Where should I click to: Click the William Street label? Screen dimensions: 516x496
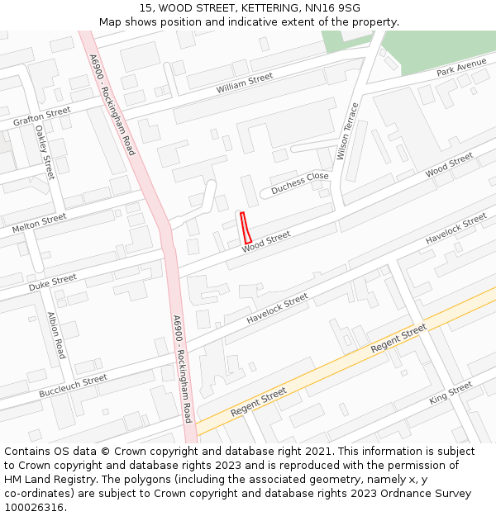pos(244,83)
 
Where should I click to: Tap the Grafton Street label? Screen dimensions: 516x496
pos(41,116)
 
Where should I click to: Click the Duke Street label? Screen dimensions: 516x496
pos(52,282)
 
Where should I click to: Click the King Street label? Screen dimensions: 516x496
pos(451,393)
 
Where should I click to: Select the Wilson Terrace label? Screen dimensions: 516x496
pos(348,131)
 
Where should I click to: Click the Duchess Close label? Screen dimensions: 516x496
pos(300,182)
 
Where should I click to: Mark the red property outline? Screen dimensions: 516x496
pos(246,227)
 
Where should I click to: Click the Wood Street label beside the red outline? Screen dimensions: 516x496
pos(266,242)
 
